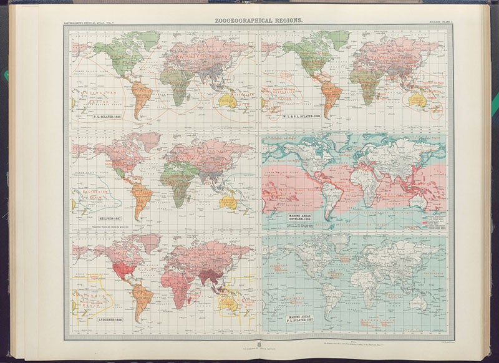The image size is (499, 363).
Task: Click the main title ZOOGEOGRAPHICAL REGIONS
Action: coord(259,21)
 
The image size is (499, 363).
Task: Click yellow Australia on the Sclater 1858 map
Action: coord(228,100)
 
